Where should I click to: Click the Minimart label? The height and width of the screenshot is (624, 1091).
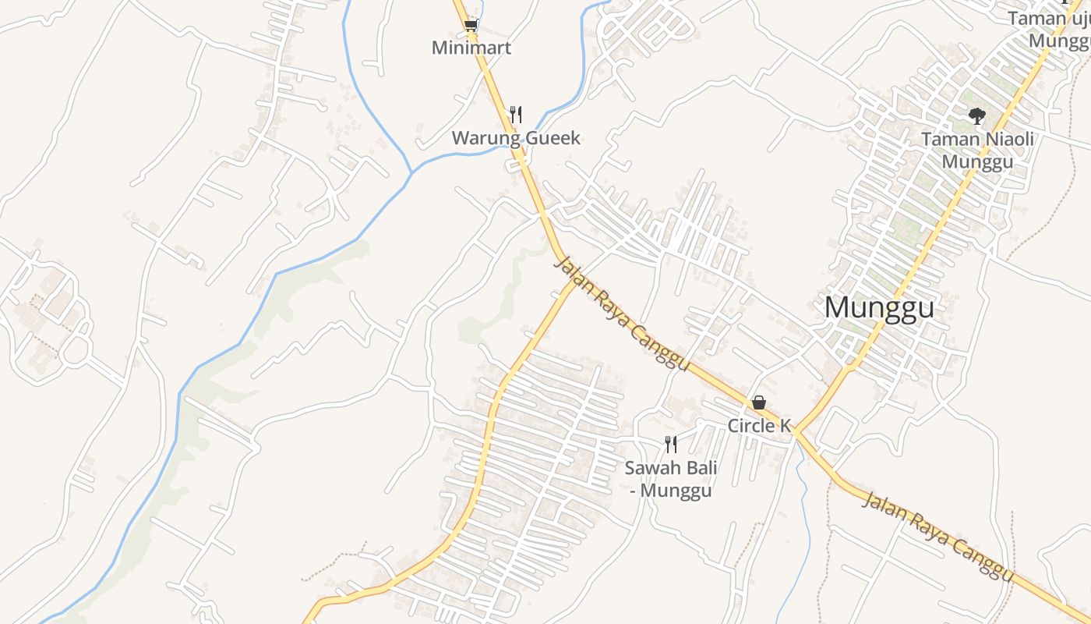coord(471,48)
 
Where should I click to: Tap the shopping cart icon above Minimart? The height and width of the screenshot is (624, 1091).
coord(470,26)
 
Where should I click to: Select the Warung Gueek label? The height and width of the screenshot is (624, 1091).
coord(516,138)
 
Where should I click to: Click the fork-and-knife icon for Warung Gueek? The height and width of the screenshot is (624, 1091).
coord(515,115)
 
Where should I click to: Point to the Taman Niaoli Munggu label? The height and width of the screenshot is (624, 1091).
coord(977,150)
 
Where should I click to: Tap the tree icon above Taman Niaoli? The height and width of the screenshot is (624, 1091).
coord(976,117)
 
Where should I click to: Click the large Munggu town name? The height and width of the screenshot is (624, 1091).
coord(879,307)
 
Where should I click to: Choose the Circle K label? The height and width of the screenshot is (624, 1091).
coord(759,425)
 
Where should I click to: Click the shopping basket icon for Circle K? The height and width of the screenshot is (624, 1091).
coord(759,402)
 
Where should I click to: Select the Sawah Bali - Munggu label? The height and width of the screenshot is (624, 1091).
coord(671,479)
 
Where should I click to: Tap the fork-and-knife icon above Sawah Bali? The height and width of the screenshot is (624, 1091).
coord(670,445)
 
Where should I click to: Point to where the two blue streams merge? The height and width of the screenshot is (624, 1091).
coord(412,171)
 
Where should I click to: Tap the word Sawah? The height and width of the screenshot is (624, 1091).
coord(651,468)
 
